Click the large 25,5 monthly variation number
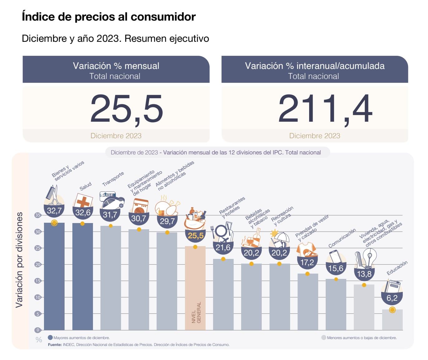(126, 109)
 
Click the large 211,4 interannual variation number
(325, 109)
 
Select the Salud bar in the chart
(82, 276)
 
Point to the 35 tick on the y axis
(38, 215)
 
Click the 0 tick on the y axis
(38, 330)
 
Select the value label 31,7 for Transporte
(110, 215)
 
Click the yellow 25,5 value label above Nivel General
(196, 236)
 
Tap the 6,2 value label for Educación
(392, 298)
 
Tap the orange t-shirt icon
(307, 250)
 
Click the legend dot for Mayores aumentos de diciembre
(50, 338)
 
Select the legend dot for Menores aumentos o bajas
(323, 338)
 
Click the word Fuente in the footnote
(55, 345)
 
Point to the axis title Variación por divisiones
(19, 260)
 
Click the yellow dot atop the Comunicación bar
(336, 279)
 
